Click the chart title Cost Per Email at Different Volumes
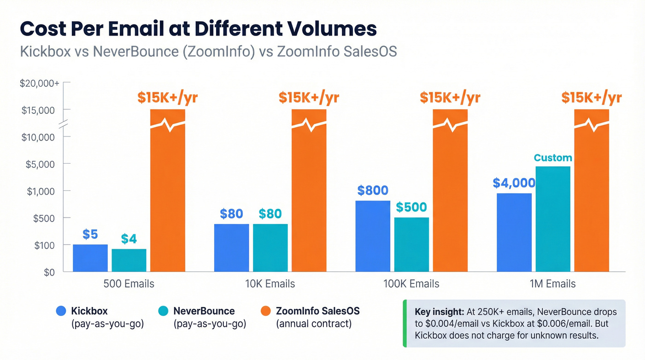coord(198,29)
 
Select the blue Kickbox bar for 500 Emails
coord(90,258)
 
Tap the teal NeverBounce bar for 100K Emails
coord(411,244)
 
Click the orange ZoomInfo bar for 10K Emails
coord(309,194)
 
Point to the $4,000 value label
coord(514,183)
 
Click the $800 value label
coord(373,190)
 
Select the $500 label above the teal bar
coord(411,207)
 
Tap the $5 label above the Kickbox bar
coord(90,234)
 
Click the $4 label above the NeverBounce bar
coord(129,239)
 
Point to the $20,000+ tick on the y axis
coord(39,83)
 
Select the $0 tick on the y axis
coord(49,272)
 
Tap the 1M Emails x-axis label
coord(553,283)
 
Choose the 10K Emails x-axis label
coord(270,283)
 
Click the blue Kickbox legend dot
coord(61,311)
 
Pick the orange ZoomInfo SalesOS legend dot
coord(265,311)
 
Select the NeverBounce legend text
coord(204,311)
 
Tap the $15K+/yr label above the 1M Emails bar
coord(591,98)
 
